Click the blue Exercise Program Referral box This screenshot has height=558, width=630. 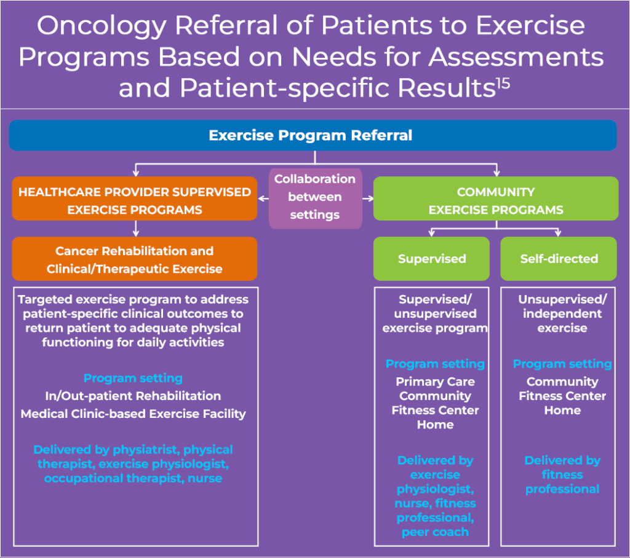tap(313, 135)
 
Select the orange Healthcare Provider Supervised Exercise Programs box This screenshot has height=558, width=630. tap(135, 198)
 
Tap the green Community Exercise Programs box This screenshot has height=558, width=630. tap(496, 198)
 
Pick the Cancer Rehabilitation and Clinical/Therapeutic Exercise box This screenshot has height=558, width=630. tap(135, 259)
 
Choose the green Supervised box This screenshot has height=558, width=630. tap(431, 259)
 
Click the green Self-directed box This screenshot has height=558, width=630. tap(559, 259)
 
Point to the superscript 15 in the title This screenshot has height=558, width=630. tap(503, 84)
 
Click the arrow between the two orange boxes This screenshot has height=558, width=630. tap(136, 229)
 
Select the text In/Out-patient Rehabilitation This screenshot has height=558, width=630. tap(133, 396)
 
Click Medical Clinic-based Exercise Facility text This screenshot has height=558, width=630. tap(133, 414)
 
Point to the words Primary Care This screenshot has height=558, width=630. tap(435, 382)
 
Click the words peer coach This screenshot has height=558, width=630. tap(435, 532)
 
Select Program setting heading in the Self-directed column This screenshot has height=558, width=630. tap(562, 364)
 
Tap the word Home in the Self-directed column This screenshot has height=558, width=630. tap(562, 411)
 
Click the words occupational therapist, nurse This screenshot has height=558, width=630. tap(133, 479)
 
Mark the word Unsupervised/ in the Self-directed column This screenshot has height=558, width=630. tap(562, 299)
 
